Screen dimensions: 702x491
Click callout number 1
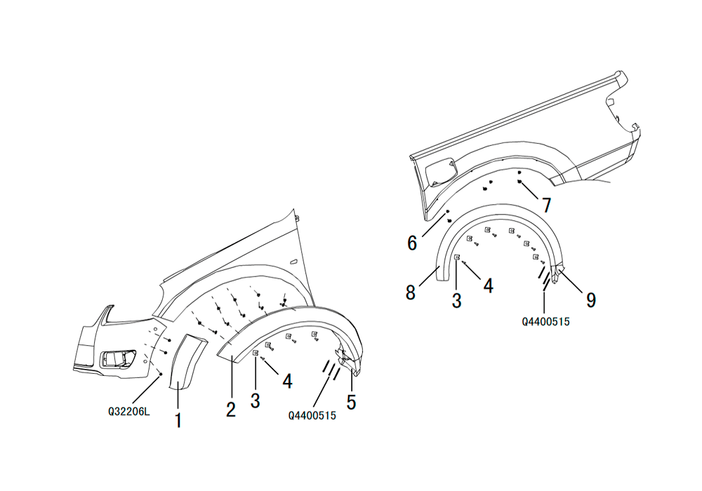click(x=178, y=420)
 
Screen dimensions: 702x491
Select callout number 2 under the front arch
click(x=230, y=409)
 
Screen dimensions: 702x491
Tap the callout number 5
click(x=352, y=402)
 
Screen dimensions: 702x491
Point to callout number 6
click(x=412, y=243)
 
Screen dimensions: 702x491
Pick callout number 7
click(x=547, y=206)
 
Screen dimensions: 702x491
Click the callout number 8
click(x=411, y=292)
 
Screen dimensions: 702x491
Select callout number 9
click(x=591, y=300)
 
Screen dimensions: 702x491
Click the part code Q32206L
click(x=129, y=412)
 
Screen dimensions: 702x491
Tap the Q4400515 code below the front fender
click(x=312, y=415)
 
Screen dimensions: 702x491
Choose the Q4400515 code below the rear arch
click(x=545, y=321)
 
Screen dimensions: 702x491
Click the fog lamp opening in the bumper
click(x=118, y=358)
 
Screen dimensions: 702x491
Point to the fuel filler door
click(x=441, y=171)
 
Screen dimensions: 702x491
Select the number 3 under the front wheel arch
click(x=256, y=401)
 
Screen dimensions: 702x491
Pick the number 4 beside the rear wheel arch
click(x=488, y=285)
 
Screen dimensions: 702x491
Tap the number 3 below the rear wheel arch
click(x=456, y=300)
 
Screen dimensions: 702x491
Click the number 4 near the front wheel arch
click(x=287, y=382)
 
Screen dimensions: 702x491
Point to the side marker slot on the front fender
click(x=293, y=262)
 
